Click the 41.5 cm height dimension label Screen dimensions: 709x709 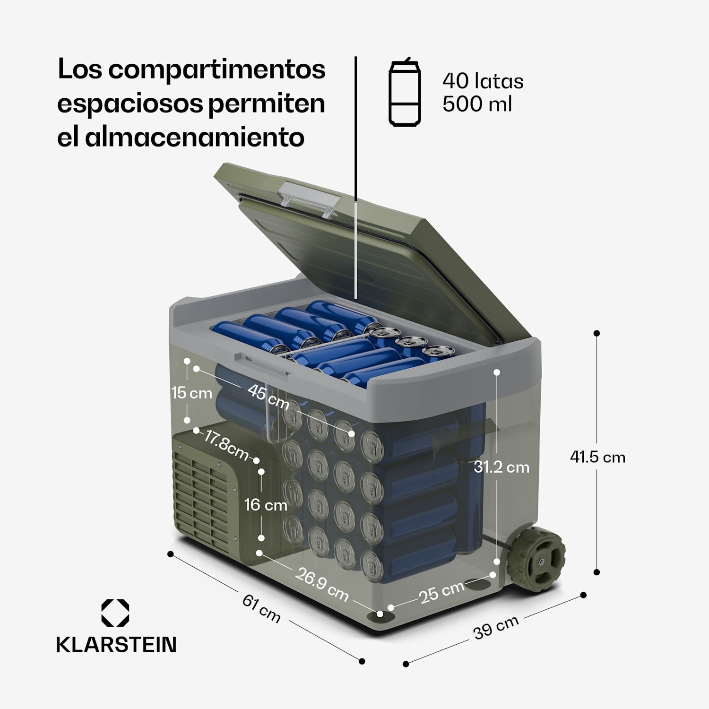point(597,457)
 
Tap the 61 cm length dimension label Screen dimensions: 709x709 point(261,608)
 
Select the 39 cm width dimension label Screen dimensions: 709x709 point(496,627)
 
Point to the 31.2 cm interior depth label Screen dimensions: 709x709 point(501,467)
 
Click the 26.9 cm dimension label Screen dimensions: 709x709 point(322,584)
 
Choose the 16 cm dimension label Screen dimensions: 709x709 point(266,505)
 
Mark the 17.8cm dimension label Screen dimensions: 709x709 point(226,445)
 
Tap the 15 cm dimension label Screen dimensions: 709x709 point(191,392)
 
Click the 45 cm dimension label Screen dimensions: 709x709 point(268,397)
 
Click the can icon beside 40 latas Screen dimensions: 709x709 point(405,92)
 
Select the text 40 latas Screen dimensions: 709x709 point(483,81)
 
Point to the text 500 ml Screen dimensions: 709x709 point(476,104)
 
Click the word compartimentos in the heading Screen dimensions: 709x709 point(216,69)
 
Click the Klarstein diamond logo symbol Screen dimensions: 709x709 point(115,613)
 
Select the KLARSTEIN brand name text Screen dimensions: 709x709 point(116,645)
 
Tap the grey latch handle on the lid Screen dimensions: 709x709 point(309,198)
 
